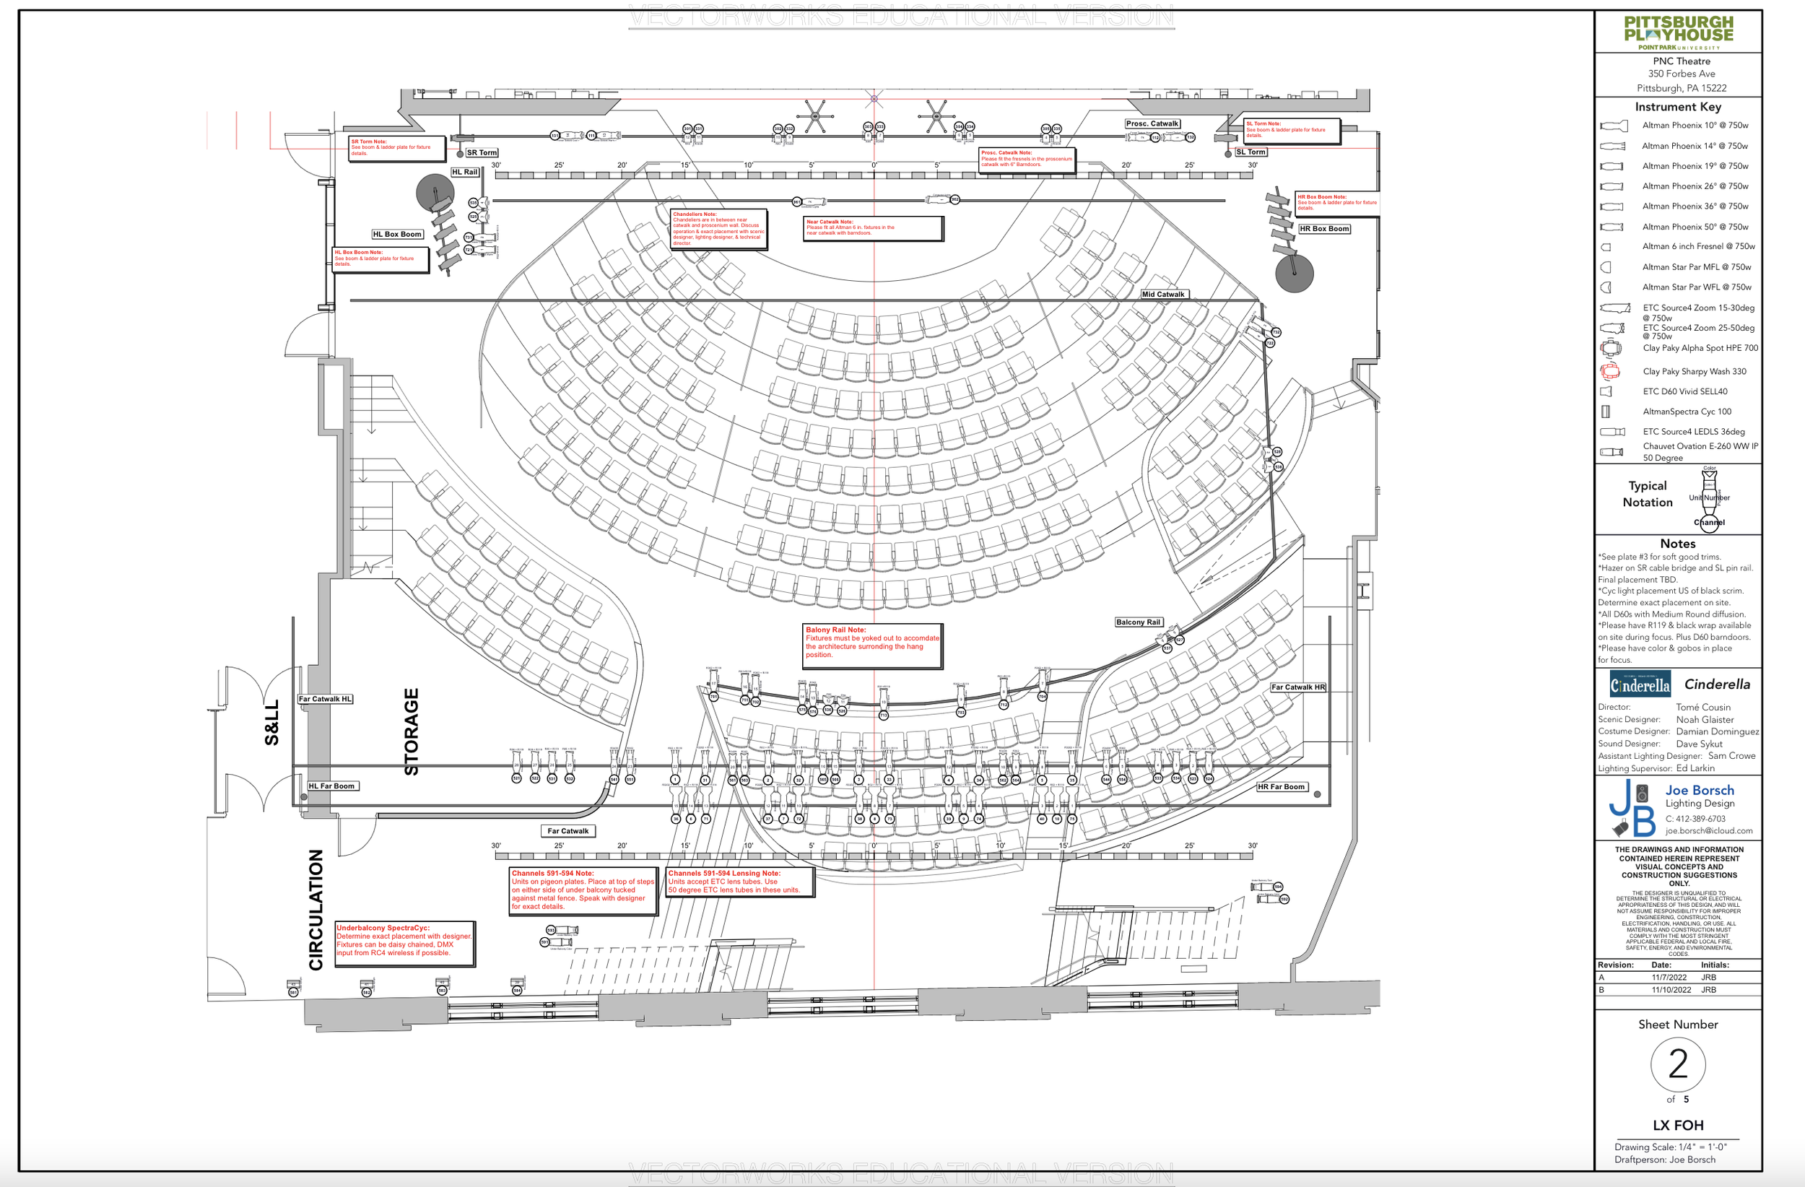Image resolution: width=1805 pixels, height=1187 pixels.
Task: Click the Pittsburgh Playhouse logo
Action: pos(1679,32)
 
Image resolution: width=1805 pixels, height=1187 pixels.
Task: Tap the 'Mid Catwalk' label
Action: pos(1162,295)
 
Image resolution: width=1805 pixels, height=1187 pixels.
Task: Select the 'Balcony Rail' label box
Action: pos(1138,622)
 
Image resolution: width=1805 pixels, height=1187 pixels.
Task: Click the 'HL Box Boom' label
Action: pos(396,235)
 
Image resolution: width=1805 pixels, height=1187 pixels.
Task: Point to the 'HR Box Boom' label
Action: pos(1324,228)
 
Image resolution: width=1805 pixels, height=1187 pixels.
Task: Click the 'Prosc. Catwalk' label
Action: pos(1152,123)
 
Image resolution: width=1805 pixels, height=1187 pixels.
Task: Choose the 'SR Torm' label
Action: pos(482,152)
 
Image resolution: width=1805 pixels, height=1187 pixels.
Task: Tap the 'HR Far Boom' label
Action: pos(1281,786)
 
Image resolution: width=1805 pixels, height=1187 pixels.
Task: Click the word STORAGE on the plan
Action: pos(411,731)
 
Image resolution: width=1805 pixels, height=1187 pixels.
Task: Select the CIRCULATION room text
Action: pos(316,910)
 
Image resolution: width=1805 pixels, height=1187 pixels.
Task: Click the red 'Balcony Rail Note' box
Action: pos(872,646)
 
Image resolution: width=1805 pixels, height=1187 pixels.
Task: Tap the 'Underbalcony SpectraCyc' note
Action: pos(404,944)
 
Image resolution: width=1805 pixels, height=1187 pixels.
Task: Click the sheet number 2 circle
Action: pos(1678,1064)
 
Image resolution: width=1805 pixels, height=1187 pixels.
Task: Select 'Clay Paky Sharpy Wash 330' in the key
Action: pos(1695,372)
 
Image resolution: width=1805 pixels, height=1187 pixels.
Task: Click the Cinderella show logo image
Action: pos(1640,684)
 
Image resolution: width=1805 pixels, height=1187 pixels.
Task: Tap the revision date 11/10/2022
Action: pos(1671,990)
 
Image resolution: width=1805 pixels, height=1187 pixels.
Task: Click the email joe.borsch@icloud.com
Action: pos(1709,830)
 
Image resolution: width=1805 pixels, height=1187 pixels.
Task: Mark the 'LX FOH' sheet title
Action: pos(1678,1125)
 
